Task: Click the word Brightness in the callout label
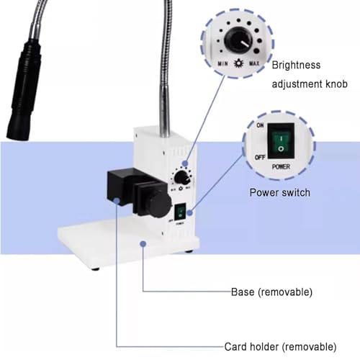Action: click(x=296, y=65)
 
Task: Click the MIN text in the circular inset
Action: click(x=222, y=63)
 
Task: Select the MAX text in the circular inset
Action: click(x=254, y=63)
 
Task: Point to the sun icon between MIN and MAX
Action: click(x=238, y=63)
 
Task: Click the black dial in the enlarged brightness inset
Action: click(x=238, y=40)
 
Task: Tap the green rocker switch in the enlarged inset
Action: click(x=281, y=143)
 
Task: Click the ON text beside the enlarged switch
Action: click(x=260, y=125)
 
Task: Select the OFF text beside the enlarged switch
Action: click(x=260, y=157)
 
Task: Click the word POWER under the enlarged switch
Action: click(x=281, y=166)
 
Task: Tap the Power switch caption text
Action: click(x=280, y=193)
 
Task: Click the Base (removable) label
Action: click(x=271, y=292)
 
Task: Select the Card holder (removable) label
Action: click(x=280, y=347)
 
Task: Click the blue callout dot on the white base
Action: click(x=143, y=244)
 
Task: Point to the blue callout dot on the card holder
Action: click(x=117, y=201)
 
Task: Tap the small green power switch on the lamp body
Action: click(x=181, y=212)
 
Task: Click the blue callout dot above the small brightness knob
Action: click(x=185, y=163)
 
